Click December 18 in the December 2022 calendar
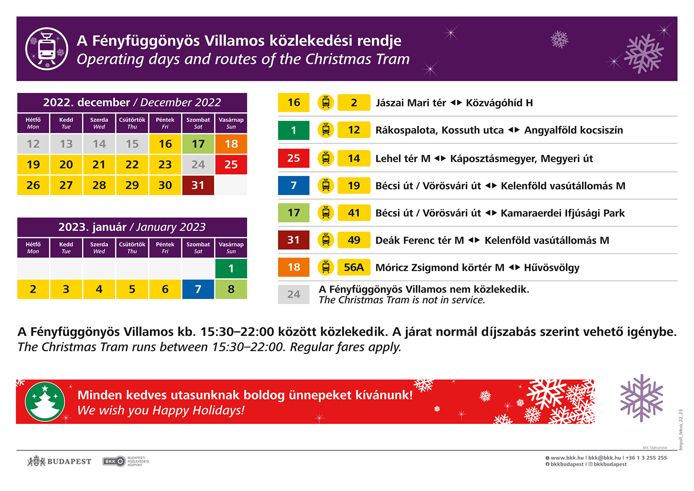pyautogui.click(x=231, y=144)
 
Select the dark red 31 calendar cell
pyautogui.click(x=198, y=185)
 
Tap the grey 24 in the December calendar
pyautogui.click(x=198, y=165)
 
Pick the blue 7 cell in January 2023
pyautogui.click(x=198, y=289)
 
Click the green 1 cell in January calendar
pyautogui.click(x=231, y=268)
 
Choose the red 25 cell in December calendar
pyautogui.click(x=231, y=165)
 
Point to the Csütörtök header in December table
pyautogui.click(x=132, y=123)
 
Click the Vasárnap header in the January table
pyautogui.click(x=231, y=248)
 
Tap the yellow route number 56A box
pyautogui.click(x=354, y=267)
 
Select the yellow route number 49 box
pyautogui.click(x=354, y=240)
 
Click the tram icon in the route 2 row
pyautogui.click(x=326, y=103)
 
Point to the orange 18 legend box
pyautogui.click(x=294, y=267)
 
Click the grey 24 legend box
pyautogui.click(x=294, y=294)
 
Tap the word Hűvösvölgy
pyautogui.click(x=551, y=267)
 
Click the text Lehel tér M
pyautogui.click(x=403, y=159)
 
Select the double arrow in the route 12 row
pyautogui.click(x=514, y=130)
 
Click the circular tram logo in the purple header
pyautogui.click(x=47, y=49)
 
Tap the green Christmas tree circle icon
pyautogui.click(x=45, y=401)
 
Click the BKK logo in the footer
pyautogui.click(x=114, y=461)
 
